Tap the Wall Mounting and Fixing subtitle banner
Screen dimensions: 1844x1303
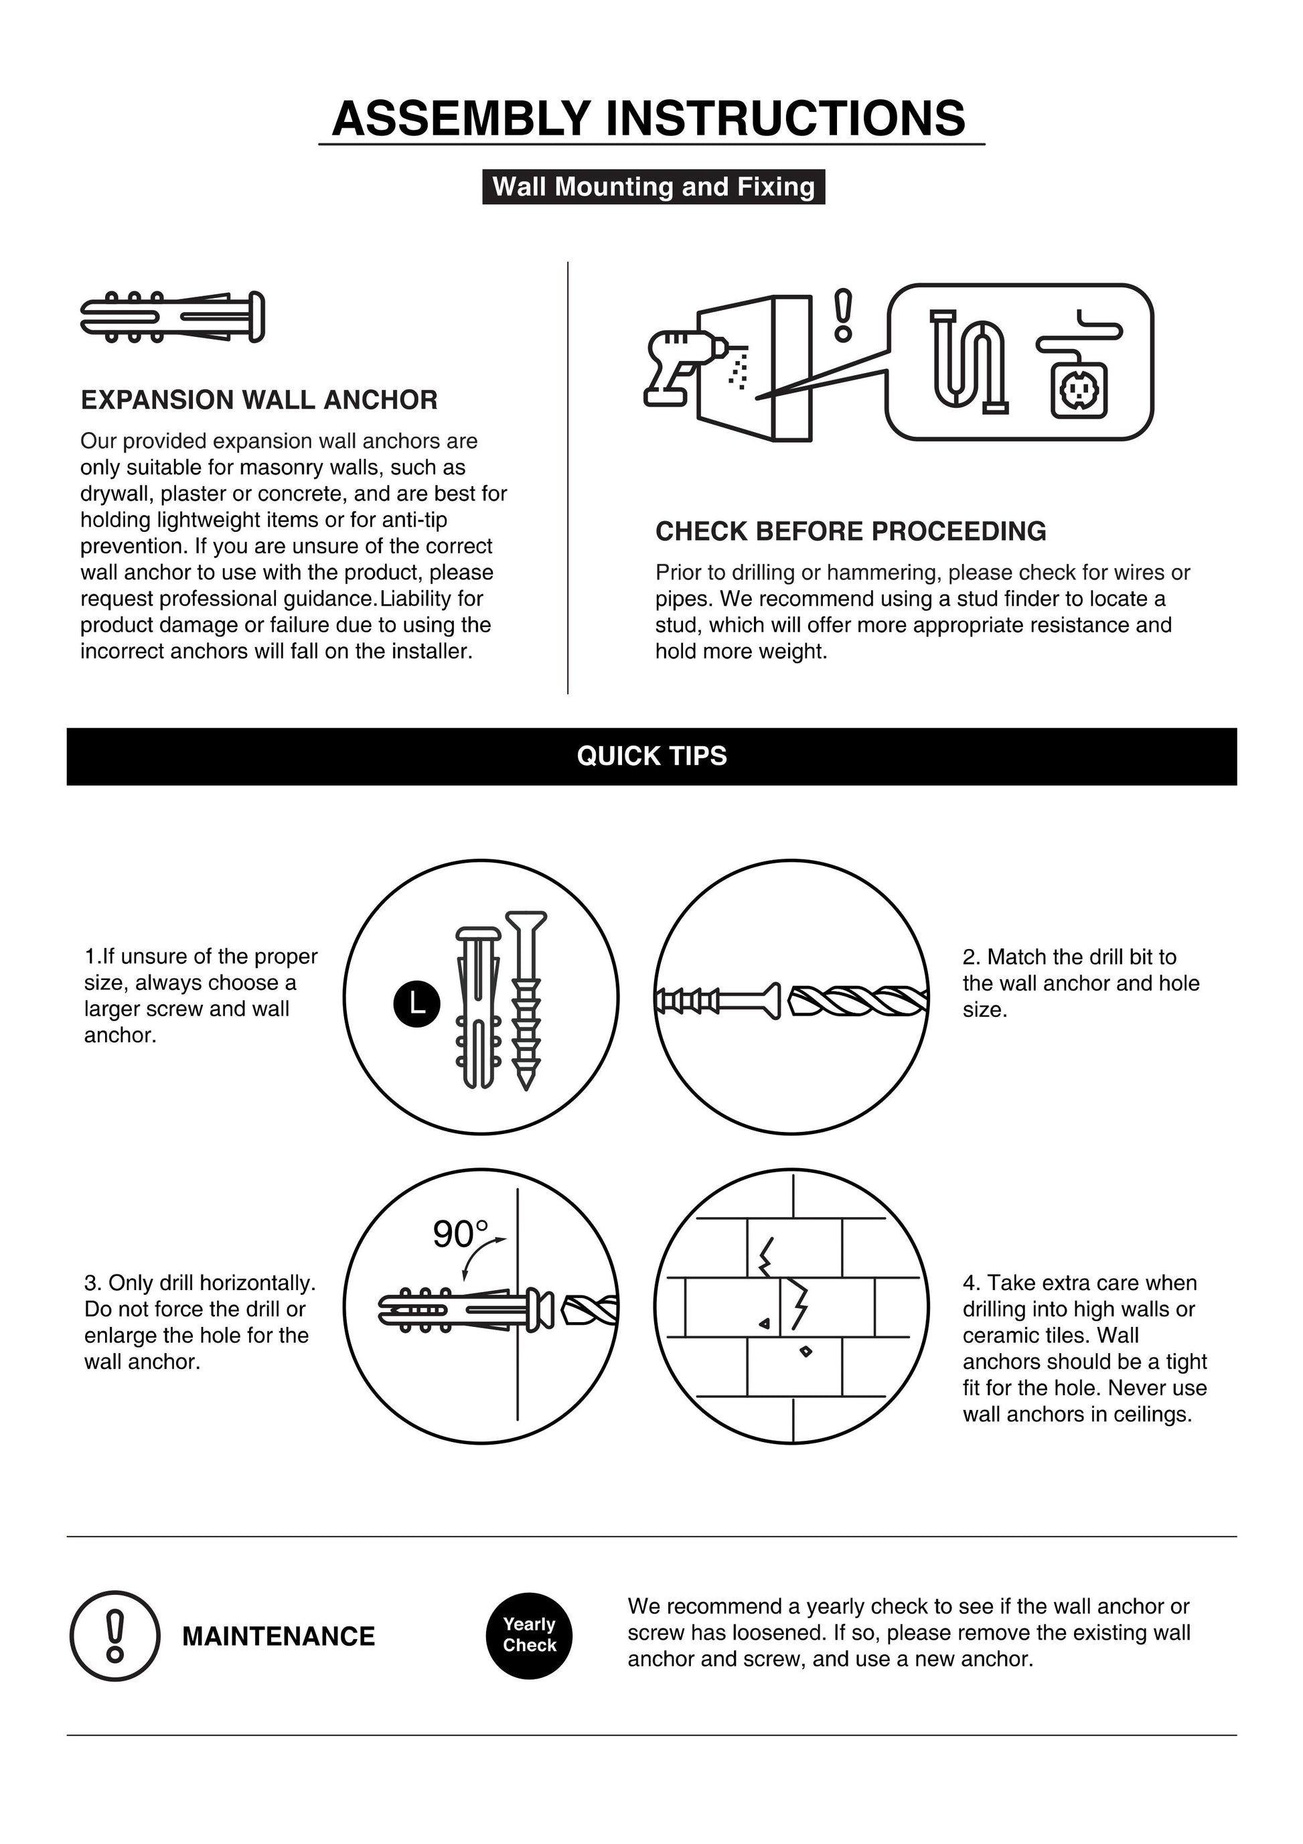coord(653,187)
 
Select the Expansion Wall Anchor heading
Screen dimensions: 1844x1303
coord(258,400)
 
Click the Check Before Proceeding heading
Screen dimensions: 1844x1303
coord(850,531)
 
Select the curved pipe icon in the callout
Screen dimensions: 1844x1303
coord(970,362)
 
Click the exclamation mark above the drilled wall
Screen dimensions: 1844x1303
coord(842,315)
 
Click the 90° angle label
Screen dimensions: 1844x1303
coord(459,1234)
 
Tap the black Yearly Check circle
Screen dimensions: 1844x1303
coord(529,1635)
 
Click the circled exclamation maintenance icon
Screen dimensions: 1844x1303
coord(114,1636)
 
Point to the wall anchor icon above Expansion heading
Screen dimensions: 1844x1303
coord(172,316)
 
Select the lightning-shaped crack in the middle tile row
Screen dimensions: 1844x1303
coord(799,1304)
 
